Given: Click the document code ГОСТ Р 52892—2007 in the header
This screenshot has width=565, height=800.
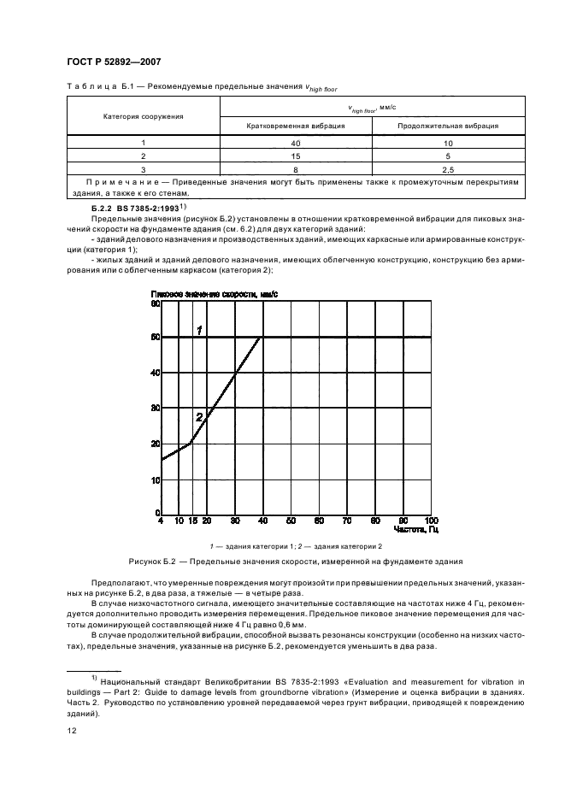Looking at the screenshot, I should pos(111,62).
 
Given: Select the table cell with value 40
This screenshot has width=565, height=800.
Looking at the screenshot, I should pos(295,144).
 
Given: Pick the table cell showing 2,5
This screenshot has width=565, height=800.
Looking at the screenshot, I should pos(448,170).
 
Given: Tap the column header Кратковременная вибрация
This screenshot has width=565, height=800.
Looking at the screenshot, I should pos(295,125).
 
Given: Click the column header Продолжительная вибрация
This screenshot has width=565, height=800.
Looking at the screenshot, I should pos(448,125).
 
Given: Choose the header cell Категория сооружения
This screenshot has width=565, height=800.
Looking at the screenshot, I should pos(144,115).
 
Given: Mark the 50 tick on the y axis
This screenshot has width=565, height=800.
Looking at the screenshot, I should pos(156,338).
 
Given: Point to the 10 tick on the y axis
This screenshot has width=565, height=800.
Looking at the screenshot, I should pos(156,479).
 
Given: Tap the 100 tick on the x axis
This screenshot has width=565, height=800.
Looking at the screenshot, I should pos(430,521).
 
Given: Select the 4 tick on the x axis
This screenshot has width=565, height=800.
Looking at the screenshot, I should pos(161,521).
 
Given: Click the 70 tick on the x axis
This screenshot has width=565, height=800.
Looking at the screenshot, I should pos(346,521).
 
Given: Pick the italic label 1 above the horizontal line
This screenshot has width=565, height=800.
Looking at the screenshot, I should pos(198,330).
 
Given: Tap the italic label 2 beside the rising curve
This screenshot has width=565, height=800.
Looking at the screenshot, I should pos(198,417).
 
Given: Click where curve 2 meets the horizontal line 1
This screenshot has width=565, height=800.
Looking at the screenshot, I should pos(262,338).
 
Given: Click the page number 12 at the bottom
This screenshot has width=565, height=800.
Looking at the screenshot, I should pos(71,732).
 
